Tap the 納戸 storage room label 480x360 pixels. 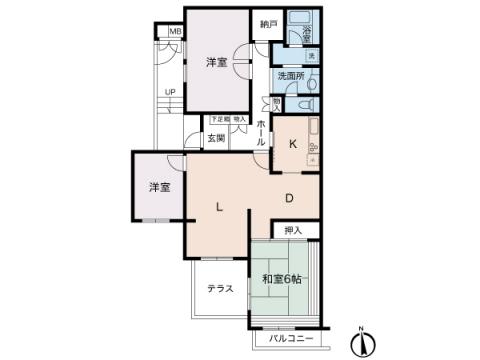[265, 24]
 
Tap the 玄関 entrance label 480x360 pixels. [216, 138]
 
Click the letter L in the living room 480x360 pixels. [218, 207]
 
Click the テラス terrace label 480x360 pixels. [220, 289]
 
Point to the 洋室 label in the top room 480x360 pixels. [217, 62]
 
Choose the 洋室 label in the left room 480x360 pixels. [159, 187]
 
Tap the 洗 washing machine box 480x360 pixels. [312, 55]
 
